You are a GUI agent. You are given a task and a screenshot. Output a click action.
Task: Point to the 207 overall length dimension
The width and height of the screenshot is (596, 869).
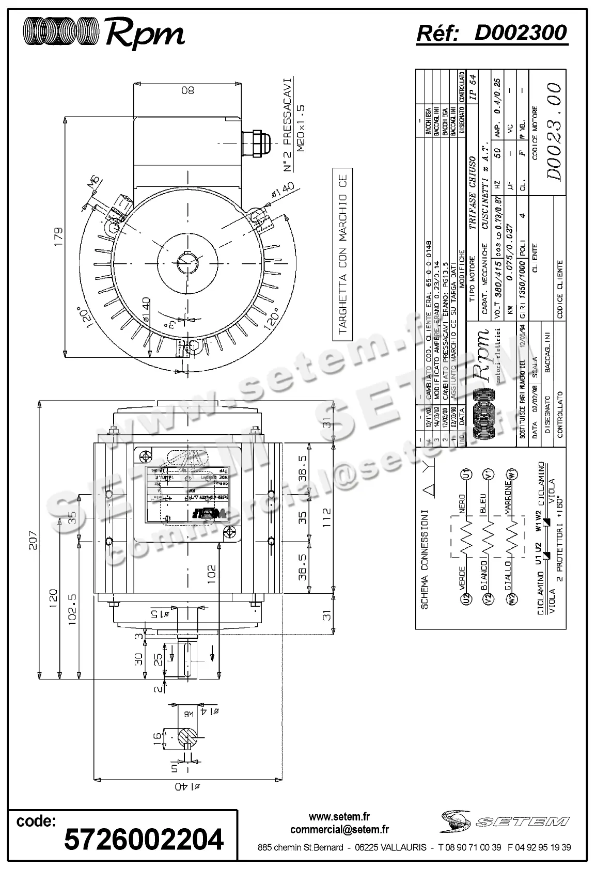(x=34, y=539)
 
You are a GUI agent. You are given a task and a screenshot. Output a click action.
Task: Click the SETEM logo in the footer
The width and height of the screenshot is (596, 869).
(x=506, y=821)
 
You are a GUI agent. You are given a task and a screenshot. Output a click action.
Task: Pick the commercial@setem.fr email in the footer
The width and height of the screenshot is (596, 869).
(x=339, y=830)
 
